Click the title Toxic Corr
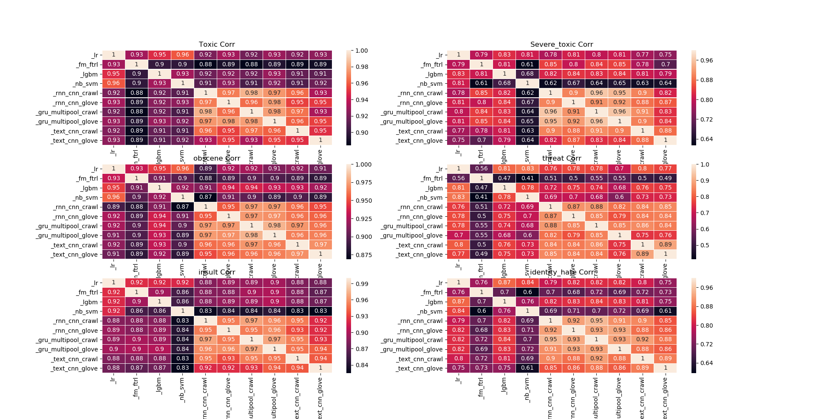pos(217,45)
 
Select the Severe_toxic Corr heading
pos(561,45)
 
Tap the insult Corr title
pos(217,272)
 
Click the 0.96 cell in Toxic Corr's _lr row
pos(183,55)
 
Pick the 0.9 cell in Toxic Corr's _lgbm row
pos(136,74)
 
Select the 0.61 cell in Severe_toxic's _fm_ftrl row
pos(527,65)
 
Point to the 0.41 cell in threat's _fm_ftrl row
pos(527,178)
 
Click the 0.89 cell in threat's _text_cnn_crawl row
pos(665,245)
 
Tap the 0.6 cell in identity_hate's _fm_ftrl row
pos(527,292)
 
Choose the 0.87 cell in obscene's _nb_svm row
pos(206,197)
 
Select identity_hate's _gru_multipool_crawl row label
pos(412,340)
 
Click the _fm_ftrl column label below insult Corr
pos(136,388)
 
